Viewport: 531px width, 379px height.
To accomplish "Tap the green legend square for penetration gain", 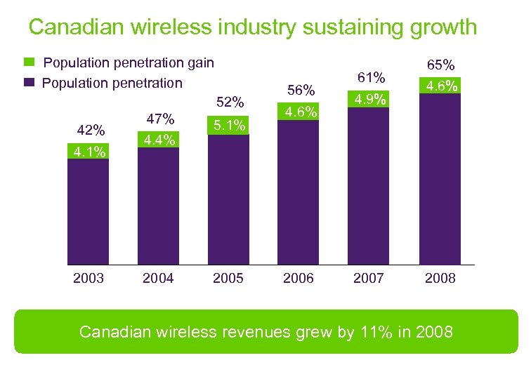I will pos(29,63).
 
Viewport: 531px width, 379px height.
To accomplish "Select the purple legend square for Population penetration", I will pos(29,83).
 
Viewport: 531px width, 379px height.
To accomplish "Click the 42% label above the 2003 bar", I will pos(91,131).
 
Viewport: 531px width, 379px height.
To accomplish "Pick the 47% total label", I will pos(159,119).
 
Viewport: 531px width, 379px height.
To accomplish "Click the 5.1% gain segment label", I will pos(229,126).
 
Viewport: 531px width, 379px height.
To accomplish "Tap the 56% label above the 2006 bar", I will pos(300,90).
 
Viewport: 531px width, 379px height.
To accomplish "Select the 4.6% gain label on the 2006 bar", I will pos(300,111).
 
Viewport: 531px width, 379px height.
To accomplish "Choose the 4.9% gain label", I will pos(369,98).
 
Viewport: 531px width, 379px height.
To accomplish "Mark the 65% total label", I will pos(440,65).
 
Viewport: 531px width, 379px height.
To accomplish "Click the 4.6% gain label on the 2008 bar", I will pos(440,86).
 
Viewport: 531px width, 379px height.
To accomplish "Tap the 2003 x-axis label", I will pos(88,278).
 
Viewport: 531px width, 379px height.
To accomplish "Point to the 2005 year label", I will pos(228,278).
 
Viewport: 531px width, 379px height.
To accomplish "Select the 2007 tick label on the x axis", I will pos(369,278).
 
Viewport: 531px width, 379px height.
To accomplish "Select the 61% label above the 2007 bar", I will pos(371,77).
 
